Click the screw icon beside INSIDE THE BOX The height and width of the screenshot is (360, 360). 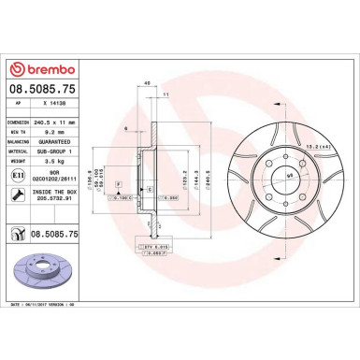(19, 194)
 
